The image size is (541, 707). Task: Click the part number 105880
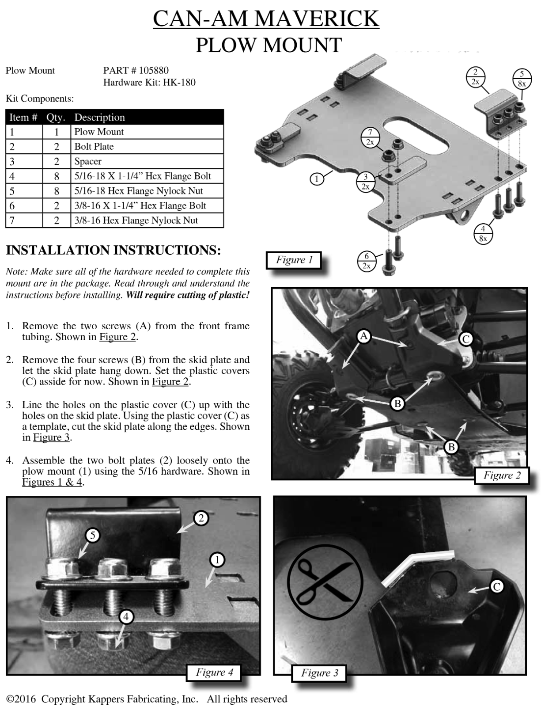153,70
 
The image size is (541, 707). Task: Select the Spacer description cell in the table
88,161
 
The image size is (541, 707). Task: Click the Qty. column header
56,117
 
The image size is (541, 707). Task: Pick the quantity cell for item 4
57,176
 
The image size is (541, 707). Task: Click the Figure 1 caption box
294,260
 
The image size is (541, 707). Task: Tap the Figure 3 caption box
319,673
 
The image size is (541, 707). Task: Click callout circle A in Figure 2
363,336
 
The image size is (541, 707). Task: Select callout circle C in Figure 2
465,339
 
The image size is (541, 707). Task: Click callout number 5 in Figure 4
92,536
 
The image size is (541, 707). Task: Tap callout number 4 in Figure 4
126,616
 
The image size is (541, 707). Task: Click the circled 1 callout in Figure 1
316,179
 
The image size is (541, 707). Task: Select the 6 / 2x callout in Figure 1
366,261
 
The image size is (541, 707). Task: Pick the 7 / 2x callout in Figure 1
370,137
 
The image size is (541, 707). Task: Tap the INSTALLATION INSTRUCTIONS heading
113,250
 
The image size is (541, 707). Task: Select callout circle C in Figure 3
496,586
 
